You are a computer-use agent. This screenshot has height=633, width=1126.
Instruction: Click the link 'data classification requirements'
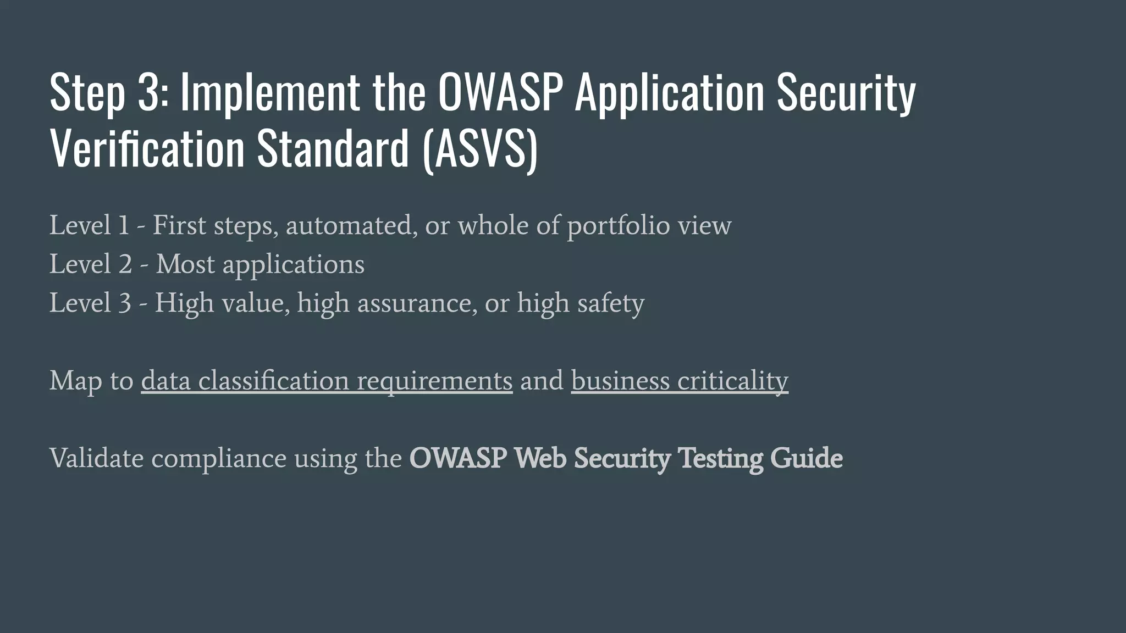point(327,381)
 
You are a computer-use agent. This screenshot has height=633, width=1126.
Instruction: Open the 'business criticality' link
point(680,381)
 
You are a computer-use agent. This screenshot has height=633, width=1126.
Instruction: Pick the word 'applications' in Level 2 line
point(293,265)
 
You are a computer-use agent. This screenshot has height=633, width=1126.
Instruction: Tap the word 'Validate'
point(97,458)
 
